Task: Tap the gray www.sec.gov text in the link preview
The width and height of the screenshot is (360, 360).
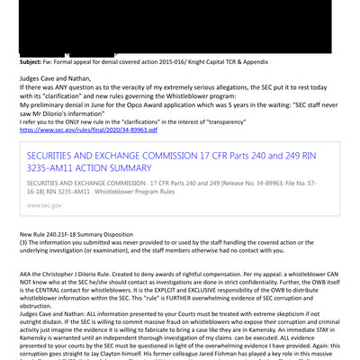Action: click(x=45, y=205)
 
